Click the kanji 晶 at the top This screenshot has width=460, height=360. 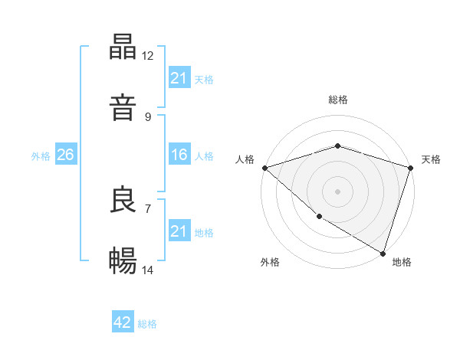coord(123,47)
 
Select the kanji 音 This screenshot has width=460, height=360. coord(123,105)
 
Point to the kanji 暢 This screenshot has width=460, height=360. coord(123,261)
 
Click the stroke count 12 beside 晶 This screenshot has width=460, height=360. coord(148,56)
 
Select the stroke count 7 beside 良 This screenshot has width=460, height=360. coord(148,208)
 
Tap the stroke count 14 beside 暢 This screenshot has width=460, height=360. coord(148,270)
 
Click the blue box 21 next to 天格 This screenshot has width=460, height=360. coord(179,78)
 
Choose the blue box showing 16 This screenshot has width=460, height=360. coord(179,155)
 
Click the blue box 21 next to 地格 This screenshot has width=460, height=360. coord(179,231)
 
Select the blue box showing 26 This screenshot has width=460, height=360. coord(65,155)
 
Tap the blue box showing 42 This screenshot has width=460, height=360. coord(123,323)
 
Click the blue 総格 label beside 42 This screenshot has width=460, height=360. coord(147,324)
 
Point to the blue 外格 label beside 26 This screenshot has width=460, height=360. coord(41,155)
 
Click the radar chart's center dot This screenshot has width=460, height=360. coord(337,191)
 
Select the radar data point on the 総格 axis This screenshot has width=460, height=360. coord(337,146)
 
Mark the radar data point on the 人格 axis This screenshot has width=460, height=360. coord(264,167)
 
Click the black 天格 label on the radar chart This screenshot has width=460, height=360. coord(431,159)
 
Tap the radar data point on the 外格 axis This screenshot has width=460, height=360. coord(319,217)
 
